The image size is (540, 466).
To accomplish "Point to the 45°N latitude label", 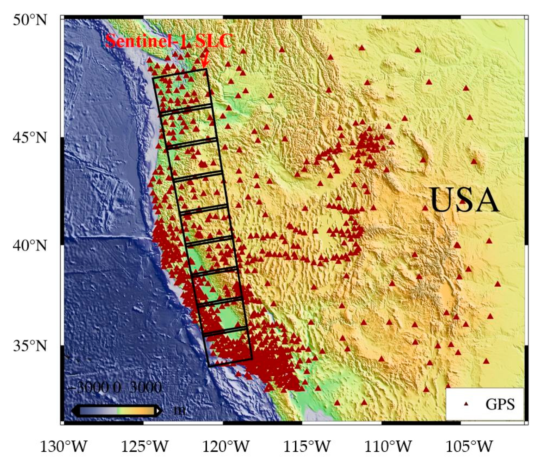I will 30,137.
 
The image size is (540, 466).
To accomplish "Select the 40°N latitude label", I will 30,245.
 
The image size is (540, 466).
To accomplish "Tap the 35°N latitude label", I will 30,346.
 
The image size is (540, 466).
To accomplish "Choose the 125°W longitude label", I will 145,446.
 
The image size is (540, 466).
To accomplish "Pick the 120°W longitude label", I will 226,446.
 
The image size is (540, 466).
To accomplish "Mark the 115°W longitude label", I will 307,446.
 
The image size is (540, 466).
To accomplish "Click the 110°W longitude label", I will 388,446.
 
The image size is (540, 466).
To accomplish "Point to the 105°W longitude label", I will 469,446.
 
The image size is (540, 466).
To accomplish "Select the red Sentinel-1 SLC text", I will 169,41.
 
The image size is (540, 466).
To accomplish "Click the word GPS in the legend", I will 500,404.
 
